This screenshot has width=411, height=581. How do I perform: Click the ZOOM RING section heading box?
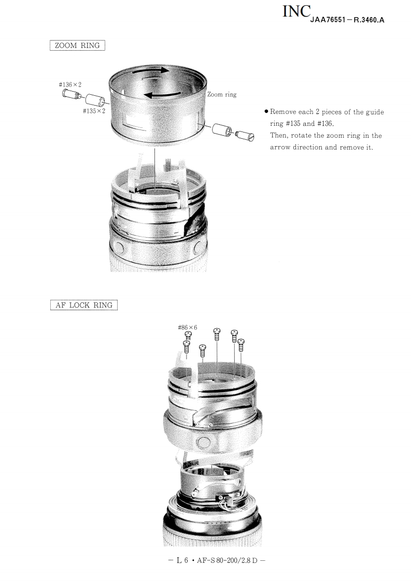pos(77,45)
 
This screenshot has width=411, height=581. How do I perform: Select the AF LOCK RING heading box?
pos(83,305)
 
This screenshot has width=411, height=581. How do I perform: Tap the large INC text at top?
pos(296,11)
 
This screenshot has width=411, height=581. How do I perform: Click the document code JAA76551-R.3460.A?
pos(347,20)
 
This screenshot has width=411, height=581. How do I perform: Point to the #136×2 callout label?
pos(70,84)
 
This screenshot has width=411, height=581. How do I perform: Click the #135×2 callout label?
pos(94,111)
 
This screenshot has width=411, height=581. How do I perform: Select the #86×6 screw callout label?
pos(187,327)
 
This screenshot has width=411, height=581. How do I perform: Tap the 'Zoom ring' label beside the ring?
pos(222,94)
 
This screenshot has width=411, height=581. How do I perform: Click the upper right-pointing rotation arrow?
pos(150,70)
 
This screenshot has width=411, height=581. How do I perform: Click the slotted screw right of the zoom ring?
pos(245,136)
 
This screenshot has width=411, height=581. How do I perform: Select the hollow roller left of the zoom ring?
pos(95,99)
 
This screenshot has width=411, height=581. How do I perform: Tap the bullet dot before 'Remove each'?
pos(266,111)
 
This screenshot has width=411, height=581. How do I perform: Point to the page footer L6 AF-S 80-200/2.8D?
pos(217,560)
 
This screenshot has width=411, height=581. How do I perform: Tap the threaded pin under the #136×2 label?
pos(71,94)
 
